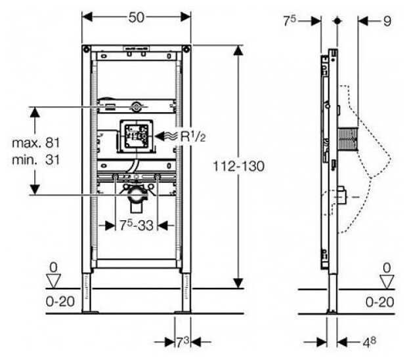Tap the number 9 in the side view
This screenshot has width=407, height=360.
[x=387, y=21]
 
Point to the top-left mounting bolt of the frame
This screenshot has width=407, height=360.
[x=85, y=49]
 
